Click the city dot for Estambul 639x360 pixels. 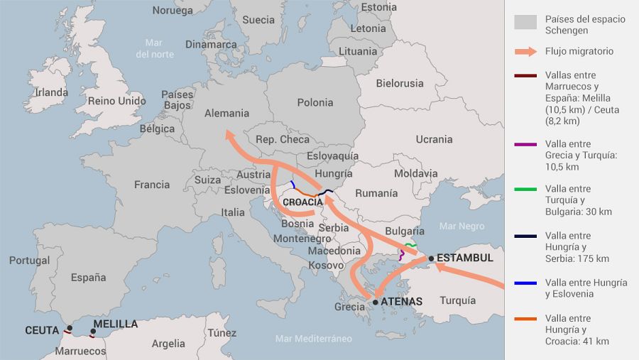tap(431, 258)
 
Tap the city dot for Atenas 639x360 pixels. tap(376, 302)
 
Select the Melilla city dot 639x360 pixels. tap(93, 331)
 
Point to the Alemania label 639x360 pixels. tap(226, 113)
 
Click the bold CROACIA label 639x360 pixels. tap(302, 202)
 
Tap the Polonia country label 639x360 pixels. tap(315, 102)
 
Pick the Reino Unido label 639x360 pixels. tap(116, 102)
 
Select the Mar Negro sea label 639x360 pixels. tap(461, 226)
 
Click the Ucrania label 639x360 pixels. tap(434, 139)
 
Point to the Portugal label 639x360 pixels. tap(29, 261)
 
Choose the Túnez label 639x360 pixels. tap(222, 333)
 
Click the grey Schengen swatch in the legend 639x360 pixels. tap(525, 23)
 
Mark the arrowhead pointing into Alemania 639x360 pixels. tap(229, 133)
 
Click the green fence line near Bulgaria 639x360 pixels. tap(410, 245)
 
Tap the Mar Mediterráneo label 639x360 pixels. tap(313, 339)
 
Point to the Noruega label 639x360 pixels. tap(173, 11)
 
